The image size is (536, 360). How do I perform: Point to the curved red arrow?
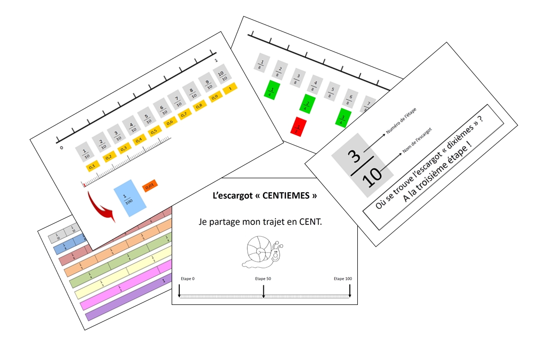point(101,203)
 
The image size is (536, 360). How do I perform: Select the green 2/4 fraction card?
point(308,104)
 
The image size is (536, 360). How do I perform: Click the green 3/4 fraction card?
point(343,117)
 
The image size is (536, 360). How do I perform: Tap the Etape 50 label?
point(263,278)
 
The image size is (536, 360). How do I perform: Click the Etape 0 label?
point(188,278)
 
